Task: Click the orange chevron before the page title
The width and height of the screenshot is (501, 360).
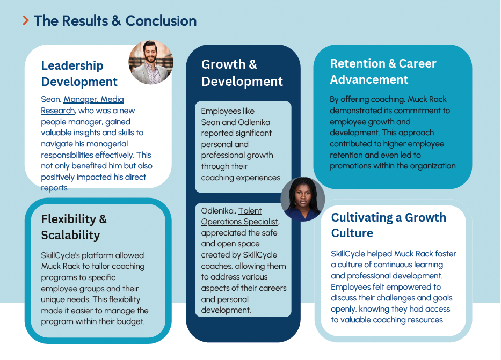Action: [x=25, y=21]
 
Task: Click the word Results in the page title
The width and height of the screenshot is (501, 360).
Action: [x=84, y=21]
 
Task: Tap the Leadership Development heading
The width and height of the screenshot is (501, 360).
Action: [x=79, y=74]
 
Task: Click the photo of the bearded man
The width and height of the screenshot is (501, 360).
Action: [x=151, y=62]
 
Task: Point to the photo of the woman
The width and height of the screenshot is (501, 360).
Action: [x=302, y=199]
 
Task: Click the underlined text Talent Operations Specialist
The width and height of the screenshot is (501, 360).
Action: [x=240, y=216]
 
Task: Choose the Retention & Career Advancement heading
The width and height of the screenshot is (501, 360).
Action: [x=383, y=71]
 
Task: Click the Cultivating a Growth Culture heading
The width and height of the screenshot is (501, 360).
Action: [x=388, y=225]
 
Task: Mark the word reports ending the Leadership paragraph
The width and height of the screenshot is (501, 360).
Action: [x=54, y=188]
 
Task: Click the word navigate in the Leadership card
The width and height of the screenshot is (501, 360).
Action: [x=57, y=144]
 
